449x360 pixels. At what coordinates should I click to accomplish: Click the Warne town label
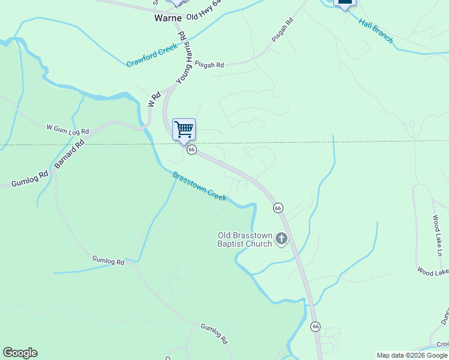click(x=168, y=18)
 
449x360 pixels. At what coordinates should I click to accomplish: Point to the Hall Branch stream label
click(x=376, y=31)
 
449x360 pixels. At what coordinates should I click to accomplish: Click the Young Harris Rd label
click(x=187, y=63)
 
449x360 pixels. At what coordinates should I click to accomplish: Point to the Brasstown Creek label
click(x=199, y=186)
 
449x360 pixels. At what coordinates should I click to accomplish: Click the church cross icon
click(x=281, y=240)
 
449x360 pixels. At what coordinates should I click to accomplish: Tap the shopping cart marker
click(x=184, y=129)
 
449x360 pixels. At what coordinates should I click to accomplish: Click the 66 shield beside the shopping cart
click(x=191, y=149)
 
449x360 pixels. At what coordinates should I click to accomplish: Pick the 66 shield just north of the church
click(x=278, y=208)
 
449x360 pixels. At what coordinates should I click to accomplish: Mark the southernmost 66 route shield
click(x=316, y=326)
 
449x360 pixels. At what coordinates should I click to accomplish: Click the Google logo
click(x=20, y=353)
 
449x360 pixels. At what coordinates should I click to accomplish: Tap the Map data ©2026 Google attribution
click(x=412, y=355)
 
